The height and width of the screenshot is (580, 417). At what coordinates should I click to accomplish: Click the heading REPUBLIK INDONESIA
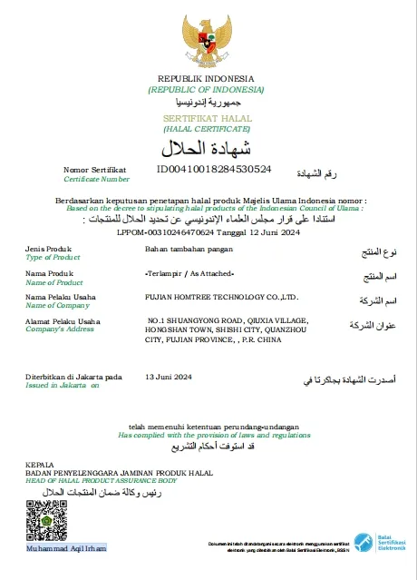pos(206,79)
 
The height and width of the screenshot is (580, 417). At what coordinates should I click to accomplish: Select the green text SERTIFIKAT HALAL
pos(206,120)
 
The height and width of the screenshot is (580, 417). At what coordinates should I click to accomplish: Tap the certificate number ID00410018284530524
pos(214,169)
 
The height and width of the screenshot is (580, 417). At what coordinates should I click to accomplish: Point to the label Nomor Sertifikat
pos(94,170)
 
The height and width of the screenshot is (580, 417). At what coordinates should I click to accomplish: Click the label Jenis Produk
pos(48,248)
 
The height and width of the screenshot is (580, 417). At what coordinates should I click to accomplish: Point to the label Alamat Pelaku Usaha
pos(63,321)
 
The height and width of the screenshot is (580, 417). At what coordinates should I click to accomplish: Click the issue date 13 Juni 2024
pos(170,376)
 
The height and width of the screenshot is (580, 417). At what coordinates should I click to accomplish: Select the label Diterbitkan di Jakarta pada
pos(73,376)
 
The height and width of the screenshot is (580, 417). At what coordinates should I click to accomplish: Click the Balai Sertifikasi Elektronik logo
pos(378,541)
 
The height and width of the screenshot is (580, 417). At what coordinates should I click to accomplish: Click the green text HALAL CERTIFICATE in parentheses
pos(206,130)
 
